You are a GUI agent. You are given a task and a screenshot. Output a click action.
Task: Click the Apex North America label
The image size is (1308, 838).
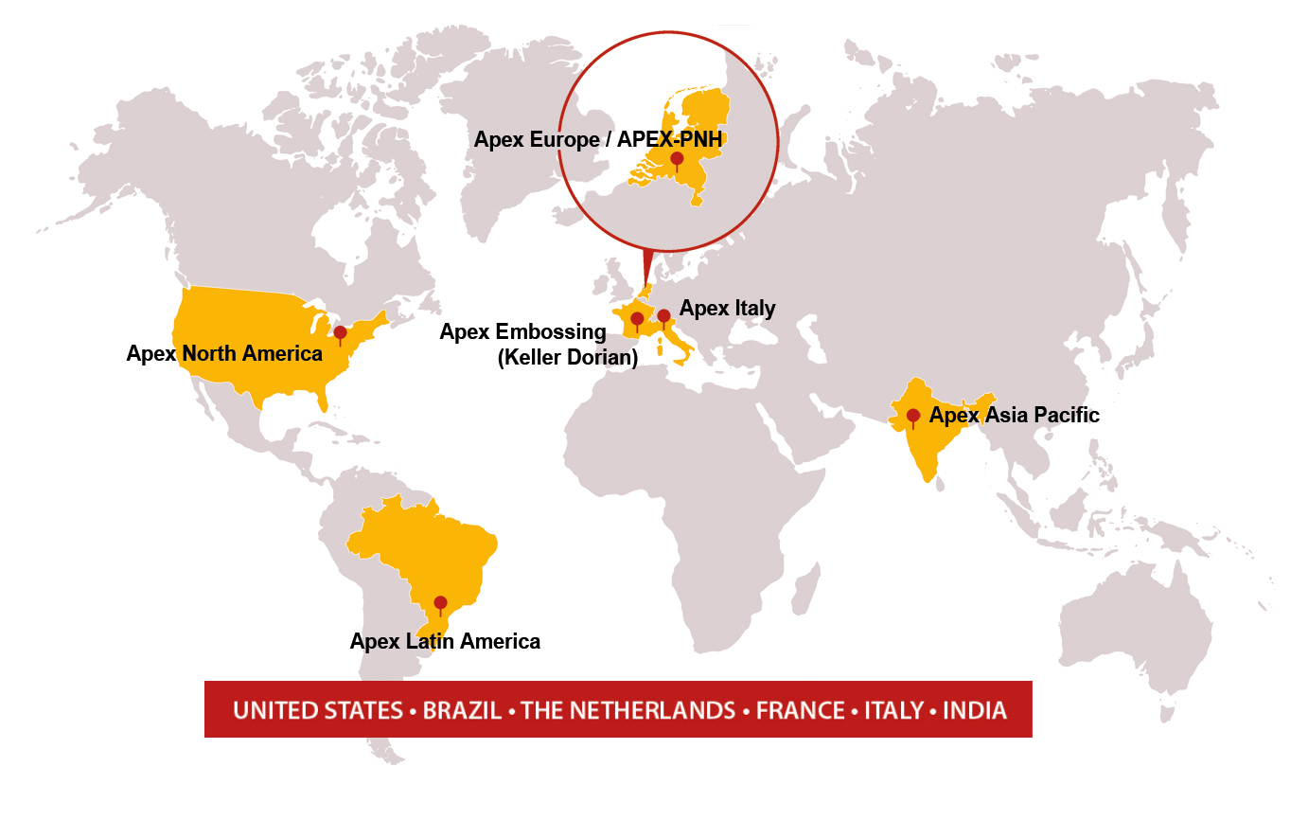click(224, 354)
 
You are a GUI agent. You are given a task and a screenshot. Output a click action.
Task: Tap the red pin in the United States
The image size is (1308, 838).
click(341, 332)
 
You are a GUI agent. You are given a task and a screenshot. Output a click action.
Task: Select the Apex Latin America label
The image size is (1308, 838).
click(445, 642)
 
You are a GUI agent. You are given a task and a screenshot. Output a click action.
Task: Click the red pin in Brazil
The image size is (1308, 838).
click(440, 602)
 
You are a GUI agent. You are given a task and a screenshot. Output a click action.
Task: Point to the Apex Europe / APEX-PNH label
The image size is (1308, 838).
click(597, 140)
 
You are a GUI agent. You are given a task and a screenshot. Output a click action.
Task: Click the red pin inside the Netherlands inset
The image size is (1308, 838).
click(677, 158)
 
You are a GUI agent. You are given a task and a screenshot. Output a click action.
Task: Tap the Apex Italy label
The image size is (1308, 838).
click(727, 309)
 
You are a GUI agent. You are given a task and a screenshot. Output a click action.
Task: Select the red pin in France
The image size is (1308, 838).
click(637, 319)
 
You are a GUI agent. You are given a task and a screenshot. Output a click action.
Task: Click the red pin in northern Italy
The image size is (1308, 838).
click(664, 316)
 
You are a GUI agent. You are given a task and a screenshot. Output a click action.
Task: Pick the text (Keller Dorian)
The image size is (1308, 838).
click(568, 358)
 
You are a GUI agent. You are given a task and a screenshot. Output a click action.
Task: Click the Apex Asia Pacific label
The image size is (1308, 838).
click(1014, 415)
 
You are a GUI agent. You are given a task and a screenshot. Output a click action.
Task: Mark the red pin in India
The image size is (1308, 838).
click(913, 415)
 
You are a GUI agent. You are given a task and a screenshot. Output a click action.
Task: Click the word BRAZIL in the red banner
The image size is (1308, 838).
click(462, 711)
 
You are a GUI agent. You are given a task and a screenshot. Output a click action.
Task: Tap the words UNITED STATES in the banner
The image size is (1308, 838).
click(318, 711)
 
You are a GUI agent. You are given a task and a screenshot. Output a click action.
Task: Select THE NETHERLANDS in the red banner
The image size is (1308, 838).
click(627, 711)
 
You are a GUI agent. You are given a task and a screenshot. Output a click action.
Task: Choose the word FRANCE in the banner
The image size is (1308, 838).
click(800, 711)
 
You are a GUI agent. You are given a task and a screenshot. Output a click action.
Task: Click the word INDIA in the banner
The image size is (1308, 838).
click(975, 711)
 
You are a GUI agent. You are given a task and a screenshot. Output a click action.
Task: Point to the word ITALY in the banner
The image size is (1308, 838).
click(893, 711)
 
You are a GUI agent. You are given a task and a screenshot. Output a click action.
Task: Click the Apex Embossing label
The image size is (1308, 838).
click(522, 332)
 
